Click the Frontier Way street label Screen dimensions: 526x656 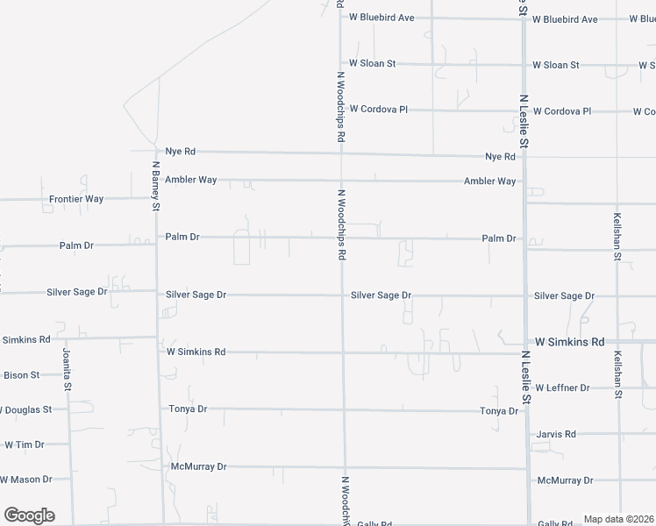(x=76, y=199)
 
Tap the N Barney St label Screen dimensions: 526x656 (x=155, y=186)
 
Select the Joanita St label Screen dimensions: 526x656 (x=66, y=369)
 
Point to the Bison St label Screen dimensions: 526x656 (x=22, y=375)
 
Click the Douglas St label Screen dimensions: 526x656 (x=26, y=409)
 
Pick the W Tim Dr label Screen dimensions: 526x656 (x=24, y=444)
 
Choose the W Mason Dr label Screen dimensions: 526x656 (x=26, y=480)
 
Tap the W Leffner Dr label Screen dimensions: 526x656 (x=574, y=387)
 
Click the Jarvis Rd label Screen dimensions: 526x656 (x=557, y=434)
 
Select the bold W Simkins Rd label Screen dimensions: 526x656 (x=570, y=341)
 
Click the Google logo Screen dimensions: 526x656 (x=29, y=515)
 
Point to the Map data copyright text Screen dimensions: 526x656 (x=618, y=519)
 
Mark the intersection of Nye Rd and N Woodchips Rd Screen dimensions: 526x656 (x=341, y=153)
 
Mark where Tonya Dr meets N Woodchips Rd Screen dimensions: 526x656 (x=344, y=409)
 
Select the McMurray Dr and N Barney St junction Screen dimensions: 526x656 (x=162, y=466)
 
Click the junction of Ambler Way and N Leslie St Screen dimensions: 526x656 (x=524, y=181)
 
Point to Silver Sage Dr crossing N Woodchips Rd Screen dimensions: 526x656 (x=343, y=295)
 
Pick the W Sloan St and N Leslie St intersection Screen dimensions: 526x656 (x=524, y=65)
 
